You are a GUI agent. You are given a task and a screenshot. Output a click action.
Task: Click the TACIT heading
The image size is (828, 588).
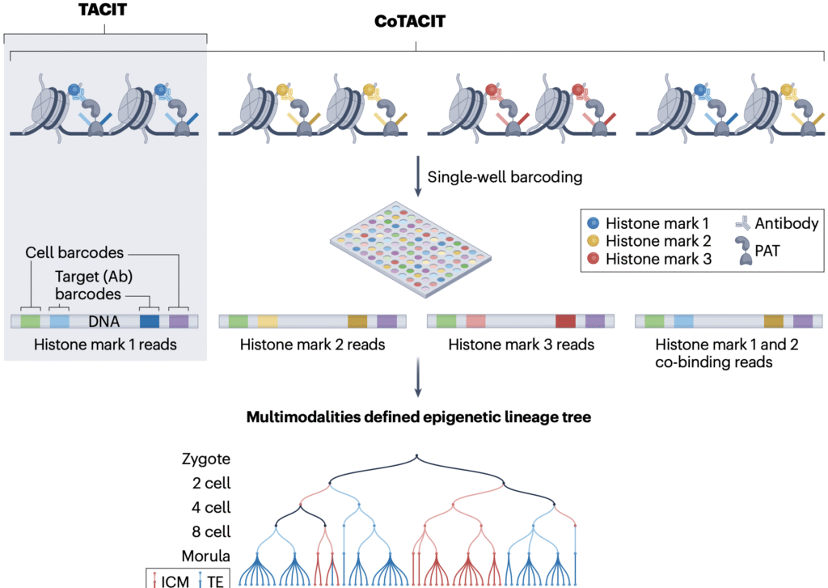coord(103,10)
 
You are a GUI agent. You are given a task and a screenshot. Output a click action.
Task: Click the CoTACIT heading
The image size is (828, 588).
coord(410,21)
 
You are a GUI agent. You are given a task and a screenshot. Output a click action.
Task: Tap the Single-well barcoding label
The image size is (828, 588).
coord(505,177)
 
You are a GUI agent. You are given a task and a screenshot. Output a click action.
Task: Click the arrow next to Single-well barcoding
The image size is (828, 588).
coord(418,176)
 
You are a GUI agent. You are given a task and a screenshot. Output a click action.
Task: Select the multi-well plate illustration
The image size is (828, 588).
coord(411,249)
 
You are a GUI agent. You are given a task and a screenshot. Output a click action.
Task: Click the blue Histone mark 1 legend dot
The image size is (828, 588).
coord(593,223)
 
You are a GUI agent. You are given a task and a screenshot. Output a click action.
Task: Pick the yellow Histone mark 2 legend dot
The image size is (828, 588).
coord(593,241)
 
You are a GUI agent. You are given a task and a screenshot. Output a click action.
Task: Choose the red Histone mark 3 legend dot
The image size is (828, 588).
coord(593,259)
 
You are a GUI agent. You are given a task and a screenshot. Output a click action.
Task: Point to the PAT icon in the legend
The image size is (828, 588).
coord(744,251)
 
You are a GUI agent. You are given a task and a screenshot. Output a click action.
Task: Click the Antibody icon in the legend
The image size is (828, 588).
coord(743,223)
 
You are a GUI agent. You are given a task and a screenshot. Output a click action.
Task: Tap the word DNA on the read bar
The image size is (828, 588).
coord(103,321)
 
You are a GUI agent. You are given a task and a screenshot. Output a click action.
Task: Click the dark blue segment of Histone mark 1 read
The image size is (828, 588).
coord(150,321)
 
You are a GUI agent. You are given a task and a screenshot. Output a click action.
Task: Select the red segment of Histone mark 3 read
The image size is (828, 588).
coord(565,321)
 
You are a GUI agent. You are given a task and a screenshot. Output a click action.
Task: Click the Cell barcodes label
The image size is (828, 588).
coord(74,252)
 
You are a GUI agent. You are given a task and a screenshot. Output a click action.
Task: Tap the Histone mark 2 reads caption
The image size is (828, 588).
coord(313,345)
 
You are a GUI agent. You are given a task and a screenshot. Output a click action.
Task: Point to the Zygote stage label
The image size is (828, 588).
coord(206,459)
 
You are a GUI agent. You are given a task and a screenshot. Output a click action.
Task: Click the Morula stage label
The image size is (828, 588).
coord(206,556)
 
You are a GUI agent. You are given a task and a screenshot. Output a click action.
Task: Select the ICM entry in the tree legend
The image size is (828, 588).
coord(170,582)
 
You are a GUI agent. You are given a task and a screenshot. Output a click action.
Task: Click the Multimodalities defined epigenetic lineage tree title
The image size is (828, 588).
coord(419,417)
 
